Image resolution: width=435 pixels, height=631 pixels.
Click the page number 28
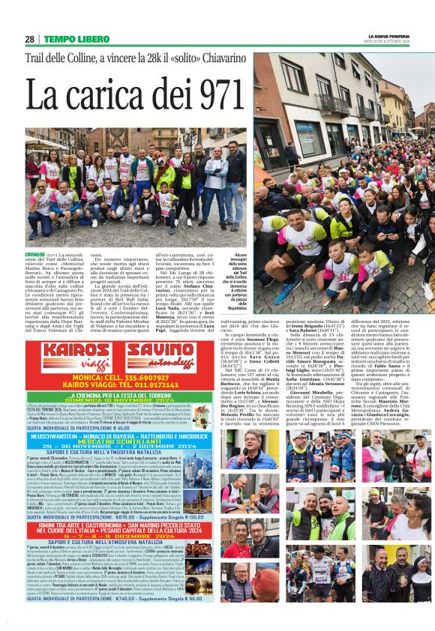tap(29, 39)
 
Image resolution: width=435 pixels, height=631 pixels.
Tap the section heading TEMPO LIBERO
tap(76, 39)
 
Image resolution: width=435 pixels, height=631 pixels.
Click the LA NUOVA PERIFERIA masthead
tap(389, 36)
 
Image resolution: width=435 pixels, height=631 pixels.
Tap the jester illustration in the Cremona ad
tap(37, 411)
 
